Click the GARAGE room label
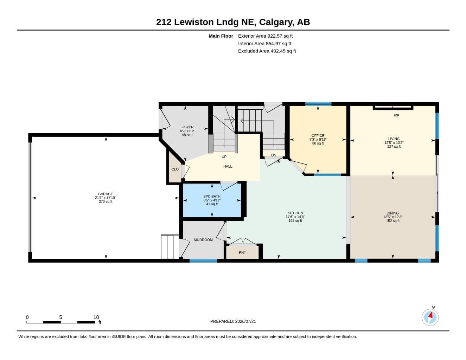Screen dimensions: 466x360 pos(105,194)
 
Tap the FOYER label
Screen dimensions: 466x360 pos(187,127)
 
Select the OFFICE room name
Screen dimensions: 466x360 pos(318,136)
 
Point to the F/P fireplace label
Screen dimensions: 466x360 pos(396,116)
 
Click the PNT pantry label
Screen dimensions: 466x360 pos(242,253)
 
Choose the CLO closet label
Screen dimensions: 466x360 pos(175,169)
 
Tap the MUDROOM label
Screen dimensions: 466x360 pos(203,240)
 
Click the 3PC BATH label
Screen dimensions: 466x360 pos(212,196)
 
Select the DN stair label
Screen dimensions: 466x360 pos(273,155)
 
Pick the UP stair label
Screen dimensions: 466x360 pos(224,157)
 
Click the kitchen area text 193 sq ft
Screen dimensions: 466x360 pos(295,220)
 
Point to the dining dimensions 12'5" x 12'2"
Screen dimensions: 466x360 pos(392,217)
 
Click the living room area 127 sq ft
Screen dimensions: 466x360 pos(394,147)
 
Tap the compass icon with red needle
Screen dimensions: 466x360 pos(430,317)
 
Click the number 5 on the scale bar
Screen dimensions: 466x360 pos(60,317)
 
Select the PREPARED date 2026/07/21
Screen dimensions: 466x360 pos(245,321)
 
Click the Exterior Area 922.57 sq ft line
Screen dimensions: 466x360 pos(265,36)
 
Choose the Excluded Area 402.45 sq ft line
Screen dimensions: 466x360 pos(267,51)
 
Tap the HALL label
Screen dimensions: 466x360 pos(228,166)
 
